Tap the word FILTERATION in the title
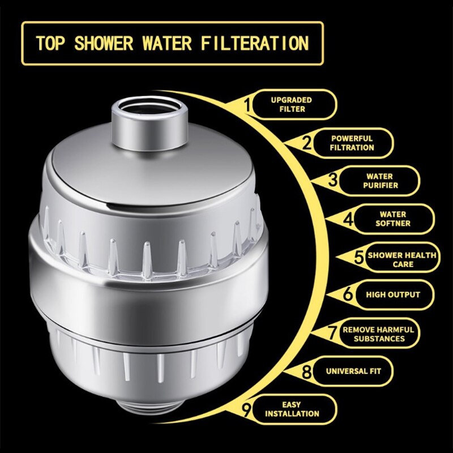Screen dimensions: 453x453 (259, 43)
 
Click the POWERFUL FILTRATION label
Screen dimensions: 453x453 (352, 143)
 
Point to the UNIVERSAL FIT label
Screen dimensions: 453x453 (353, 373)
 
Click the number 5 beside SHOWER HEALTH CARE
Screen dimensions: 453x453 (360, 258)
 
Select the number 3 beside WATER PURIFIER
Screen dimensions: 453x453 (334, 180)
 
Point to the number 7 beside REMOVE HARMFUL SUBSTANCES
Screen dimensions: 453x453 (333, 332)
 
